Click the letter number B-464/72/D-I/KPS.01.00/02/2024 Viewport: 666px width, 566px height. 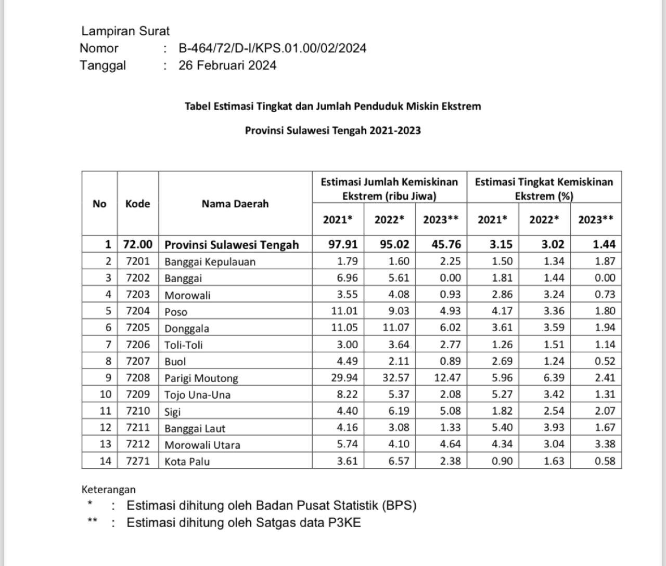pyautogui.click(x=272, y=48)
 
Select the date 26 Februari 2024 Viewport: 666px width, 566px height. pyautogui.click(x=227, y=65)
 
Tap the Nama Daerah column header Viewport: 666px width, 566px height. pyautogui.click(x=235, y=204)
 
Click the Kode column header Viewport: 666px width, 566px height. pyautogui.click(x=137, y=204)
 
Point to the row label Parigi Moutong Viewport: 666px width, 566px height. pyautogui.click(x=201, y=378)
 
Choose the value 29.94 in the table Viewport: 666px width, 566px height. pyautogui.click(x=344, y=377)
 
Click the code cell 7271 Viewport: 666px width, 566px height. pyautogui.click(x=137, y=461)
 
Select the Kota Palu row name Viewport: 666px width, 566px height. pyautogui.click(x=187, y=461)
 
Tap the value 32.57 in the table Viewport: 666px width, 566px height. pyautogui.click(x=396, y=377)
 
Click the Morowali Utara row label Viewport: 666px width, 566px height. pyautogui.click(x=202, y=445)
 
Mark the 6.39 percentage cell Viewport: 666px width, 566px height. pyautogui.click(x=554, y=377)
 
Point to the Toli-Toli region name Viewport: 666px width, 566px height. pyautogui.click(x=184, y=345)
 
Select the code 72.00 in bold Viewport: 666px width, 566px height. pyautogui.click(x=138, y=244)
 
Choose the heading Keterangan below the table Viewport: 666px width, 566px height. pyautogui.click(x=108, y=489)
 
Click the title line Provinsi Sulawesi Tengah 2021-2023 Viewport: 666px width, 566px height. pyautogui.click(x=332, y=130)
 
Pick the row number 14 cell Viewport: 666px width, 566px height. pyautogui.click(x=105, y=461)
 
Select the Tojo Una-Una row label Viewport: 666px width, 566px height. pyautogui.click(x=197, y=394)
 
